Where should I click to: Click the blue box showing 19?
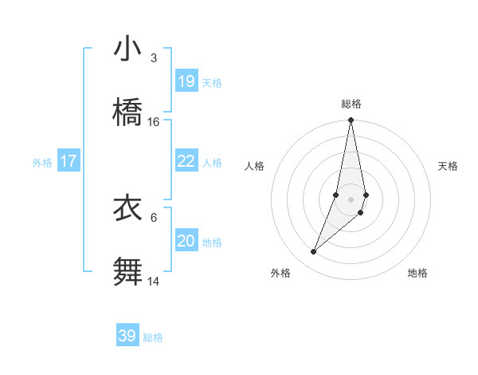coord(186,81)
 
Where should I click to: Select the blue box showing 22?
coord(186,161)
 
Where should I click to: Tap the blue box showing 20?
coord(186,241)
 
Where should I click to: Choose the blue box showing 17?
coord(69,161)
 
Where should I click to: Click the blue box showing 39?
coord(127,336)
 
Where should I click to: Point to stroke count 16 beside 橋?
coord(154,122)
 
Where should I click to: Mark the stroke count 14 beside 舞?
coord(154,281)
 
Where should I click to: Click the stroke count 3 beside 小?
coord(154,58)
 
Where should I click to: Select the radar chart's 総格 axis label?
coord(351,104)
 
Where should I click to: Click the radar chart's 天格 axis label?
coord(449,166)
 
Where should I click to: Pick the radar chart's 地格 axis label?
coord(417,273)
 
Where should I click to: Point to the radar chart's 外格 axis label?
coord(280,273)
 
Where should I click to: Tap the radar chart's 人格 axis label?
coord(254,166)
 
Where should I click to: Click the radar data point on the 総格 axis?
coord(351,121)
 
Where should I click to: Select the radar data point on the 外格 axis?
coord(314,252)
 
